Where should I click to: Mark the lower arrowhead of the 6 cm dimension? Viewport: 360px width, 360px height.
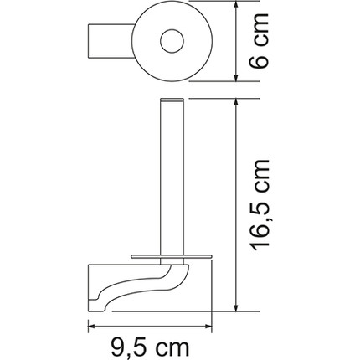point(239,78)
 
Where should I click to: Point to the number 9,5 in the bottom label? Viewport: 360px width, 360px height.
point(126,344)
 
